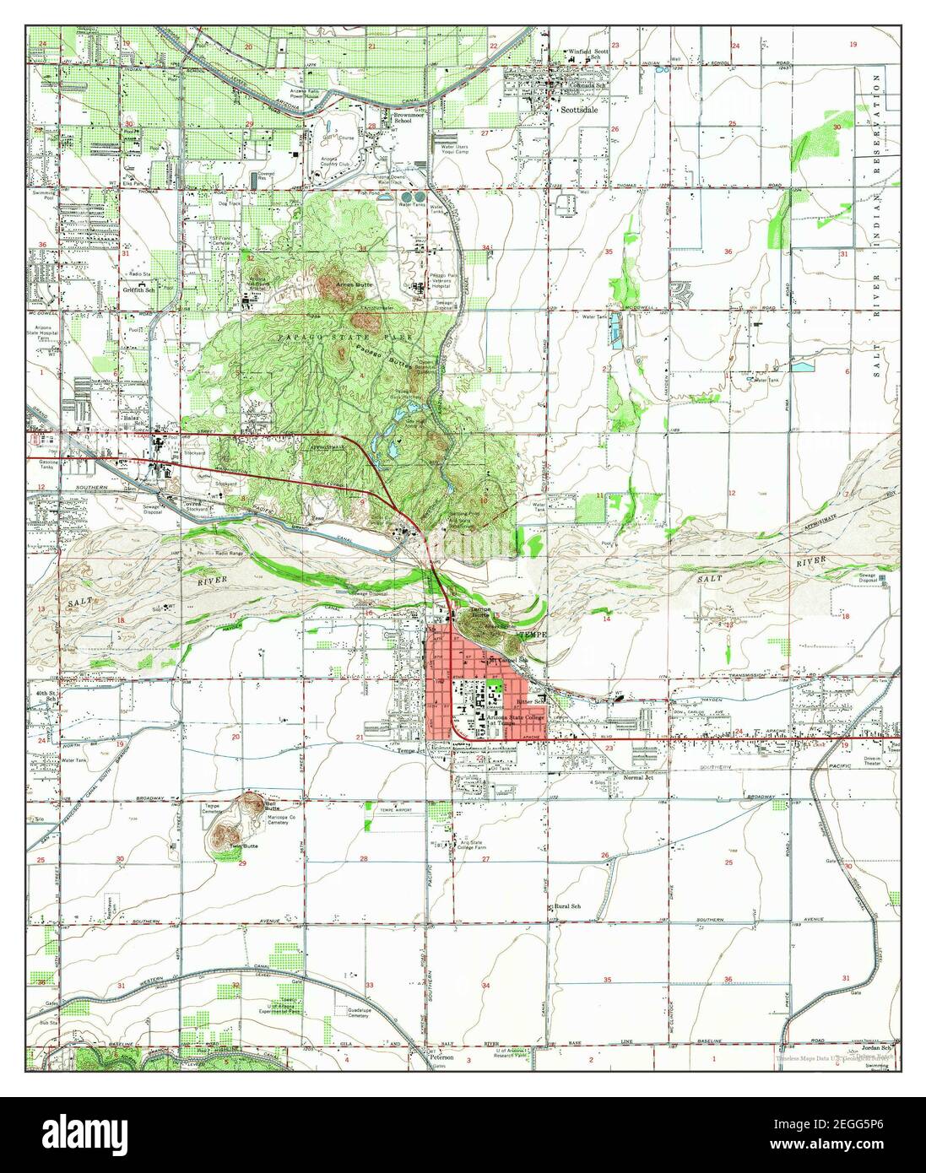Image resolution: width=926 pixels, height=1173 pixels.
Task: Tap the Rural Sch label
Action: tap(566, 906)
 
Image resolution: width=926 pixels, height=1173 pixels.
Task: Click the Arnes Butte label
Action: tap(347, 284)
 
